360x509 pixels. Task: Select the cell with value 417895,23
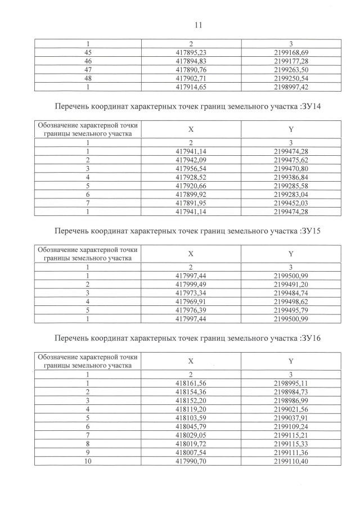coord(191,52)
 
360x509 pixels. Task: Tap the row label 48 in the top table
coord(88,78)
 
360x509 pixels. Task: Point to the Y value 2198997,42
coord(291,87)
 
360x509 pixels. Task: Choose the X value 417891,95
coord(191,202)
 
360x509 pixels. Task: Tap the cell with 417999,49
coord(191,283)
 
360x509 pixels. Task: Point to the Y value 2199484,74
coord(291,292)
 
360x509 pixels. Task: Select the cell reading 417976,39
coord(191,310)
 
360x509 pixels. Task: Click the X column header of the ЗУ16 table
coord(191,361)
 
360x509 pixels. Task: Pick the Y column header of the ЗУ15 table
coord(291,254)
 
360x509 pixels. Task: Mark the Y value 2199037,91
coord(291,417)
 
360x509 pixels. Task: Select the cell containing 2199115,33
coord(291,444)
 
